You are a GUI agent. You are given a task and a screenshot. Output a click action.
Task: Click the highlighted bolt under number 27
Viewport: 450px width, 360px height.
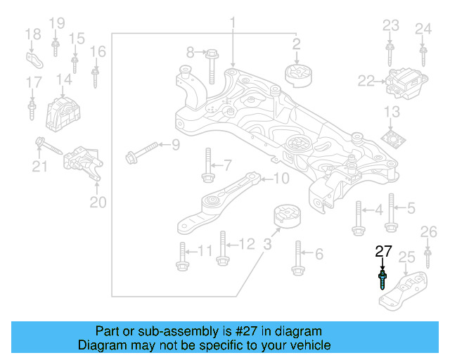point(382,279)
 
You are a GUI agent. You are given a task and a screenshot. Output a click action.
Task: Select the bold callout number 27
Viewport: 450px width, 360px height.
point(383,252)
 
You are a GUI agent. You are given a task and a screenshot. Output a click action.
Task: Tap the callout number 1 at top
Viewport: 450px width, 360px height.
point(232,26)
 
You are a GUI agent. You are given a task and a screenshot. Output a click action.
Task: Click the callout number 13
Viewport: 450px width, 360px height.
point(392,112)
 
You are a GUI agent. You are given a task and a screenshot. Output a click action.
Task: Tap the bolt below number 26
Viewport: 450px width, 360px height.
point(427,258)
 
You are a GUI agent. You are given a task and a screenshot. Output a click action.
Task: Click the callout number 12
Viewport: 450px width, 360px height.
point(247,244)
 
